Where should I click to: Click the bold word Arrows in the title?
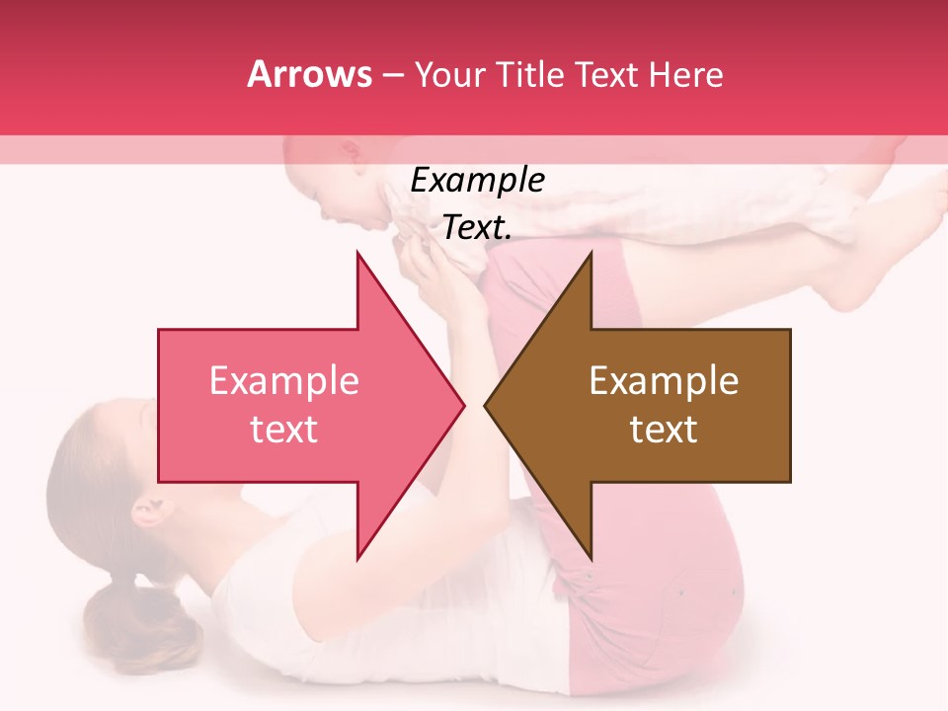click(x=310, y=74)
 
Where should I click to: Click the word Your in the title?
click(x=448, y=74)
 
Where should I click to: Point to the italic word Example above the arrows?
click(x=477, y=181)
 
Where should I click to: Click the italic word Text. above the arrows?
click(x=477, y=228)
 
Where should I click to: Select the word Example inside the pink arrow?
click(x=283, y=381)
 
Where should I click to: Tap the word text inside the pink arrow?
click(x=283, y=430)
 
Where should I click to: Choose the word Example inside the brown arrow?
click(x=664, y=381)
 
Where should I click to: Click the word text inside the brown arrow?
click(x=664, y=430)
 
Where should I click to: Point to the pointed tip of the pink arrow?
click(x=463, y=405)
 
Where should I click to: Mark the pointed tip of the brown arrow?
click(x=486, y=405)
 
